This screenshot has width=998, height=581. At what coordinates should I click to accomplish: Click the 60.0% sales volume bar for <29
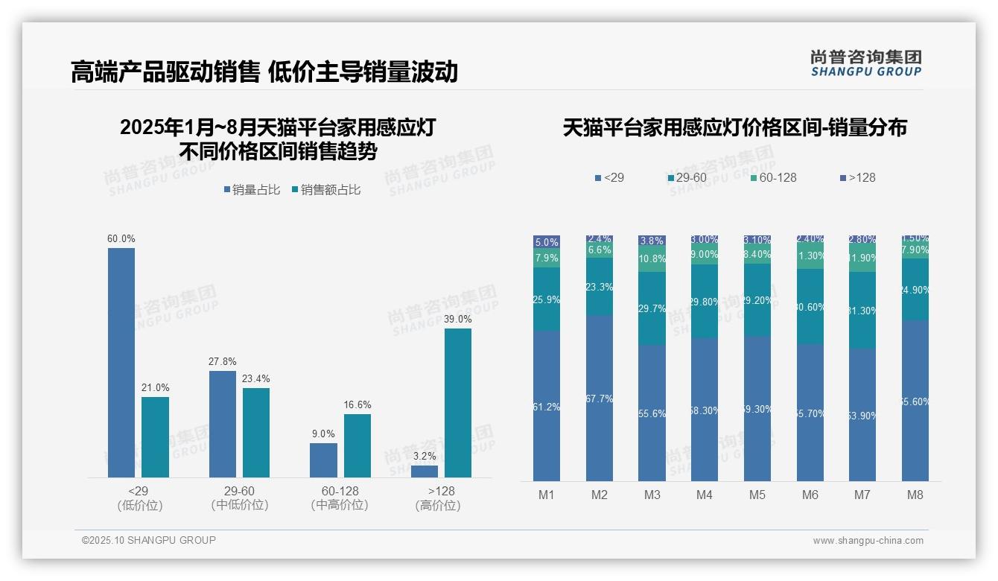121,363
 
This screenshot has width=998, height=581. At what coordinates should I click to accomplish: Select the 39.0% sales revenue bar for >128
458,403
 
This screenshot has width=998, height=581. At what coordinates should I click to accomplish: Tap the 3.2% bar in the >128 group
425,472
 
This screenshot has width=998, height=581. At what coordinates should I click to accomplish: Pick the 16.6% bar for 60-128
357,445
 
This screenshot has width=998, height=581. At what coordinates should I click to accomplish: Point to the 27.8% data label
223,362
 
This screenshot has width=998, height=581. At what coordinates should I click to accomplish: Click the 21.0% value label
156,388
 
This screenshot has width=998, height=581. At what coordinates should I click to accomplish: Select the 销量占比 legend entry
252,190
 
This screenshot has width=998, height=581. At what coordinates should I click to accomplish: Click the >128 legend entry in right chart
857,178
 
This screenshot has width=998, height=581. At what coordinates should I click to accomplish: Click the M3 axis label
652,495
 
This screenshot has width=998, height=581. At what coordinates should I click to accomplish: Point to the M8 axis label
915,495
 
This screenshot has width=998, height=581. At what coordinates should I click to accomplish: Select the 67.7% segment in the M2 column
600,399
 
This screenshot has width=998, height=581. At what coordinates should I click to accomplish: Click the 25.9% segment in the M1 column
547,299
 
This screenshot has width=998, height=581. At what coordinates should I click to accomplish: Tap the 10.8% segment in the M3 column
652,259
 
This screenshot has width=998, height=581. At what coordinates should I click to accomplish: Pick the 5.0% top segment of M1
547,242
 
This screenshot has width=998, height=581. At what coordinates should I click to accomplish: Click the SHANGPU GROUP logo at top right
866,63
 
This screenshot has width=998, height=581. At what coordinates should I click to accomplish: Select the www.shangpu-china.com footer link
868,541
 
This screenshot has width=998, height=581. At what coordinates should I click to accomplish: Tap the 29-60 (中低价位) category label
239,498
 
